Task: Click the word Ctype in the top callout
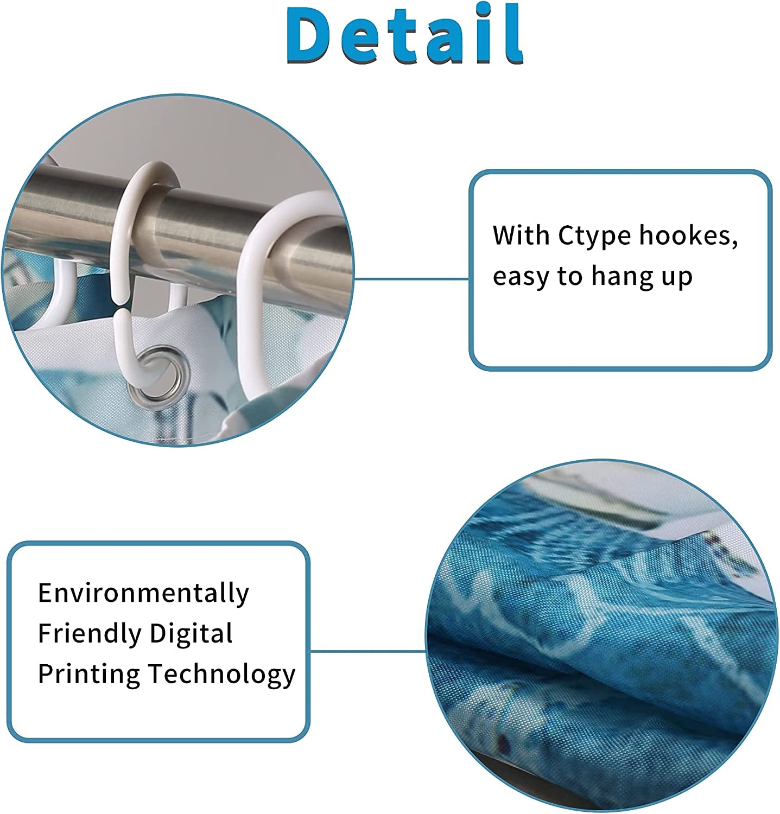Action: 594,237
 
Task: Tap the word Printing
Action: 89,673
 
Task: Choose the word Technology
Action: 222,673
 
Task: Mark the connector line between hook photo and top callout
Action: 411,279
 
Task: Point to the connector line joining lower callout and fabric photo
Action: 368,651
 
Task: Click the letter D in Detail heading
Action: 312,35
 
